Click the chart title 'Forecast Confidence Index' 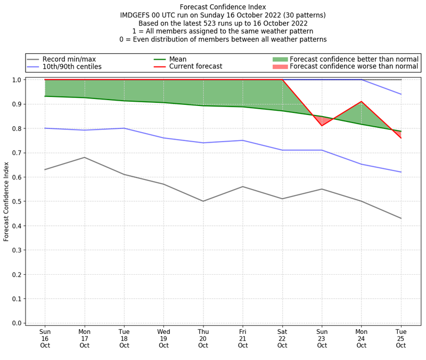click(223, 7)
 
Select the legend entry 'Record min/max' click(69, 59)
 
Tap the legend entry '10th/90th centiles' click(72, 67)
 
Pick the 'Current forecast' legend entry click(195, 67)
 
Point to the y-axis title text click(7, 201)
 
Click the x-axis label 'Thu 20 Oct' click(203, 338)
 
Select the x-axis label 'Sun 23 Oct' click(322, 338)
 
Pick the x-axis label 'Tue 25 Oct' click(401, 338)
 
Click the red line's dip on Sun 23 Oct click(322, 126)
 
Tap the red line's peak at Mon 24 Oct click(362, 101)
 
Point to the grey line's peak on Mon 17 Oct click(84, 157)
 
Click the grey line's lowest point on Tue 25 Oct click(401, 218)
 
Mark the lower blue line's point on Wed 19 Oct click(163, 138)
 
